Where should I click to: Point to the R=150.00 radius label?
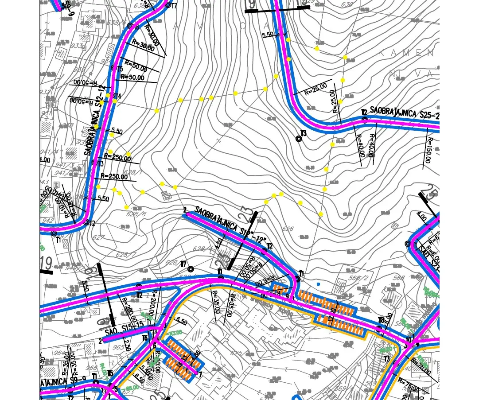click(x=428, y=150)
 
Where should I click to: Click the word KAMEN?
click(x=405, y=53)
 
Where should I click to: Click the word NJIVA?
click(x=411, y=74)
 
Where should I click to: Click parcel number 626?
click(x=288, y=229)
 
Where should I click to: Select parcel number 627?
click(x=98, y=237)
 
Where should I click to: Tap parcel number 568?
click(x=399, y=278)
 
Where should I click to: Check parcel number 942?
click(x=47, y=221)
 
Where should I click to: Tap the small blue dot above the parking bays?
click(x=318, y=284)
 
